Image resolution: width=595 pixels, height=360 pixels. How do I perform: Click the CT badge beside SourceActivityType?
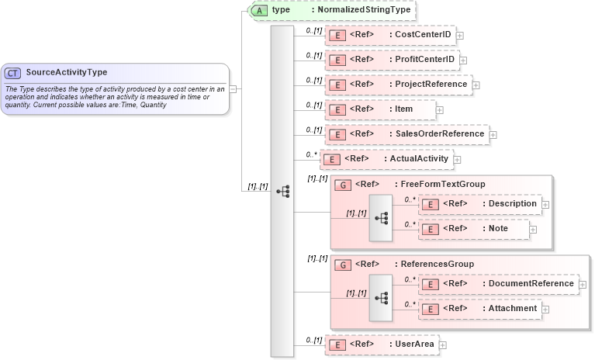pyautogui.click(x=13, y=73)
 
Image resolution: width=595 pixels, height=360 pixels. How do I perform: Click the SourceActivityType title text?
pyautogui.click(x=67, y=73)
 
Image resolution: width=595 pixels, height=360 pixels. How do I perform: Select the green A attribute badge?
pyautogui.click(x=261, y=11)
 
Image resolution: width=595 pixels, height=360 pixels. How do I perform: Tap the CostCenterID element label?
pyautogui.click(x=424, y=35)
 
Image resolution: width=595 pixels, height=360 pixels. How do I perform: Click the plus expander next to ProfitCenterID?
pyautogui.click(x=463, y=60)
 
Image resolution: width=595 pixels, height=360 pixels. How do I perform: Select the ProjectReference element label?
pyautogui.click(x=431, y=84)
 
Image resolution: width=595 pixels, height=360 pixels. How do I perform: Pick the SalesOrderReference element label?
pyautogui.click(x=439, y=134)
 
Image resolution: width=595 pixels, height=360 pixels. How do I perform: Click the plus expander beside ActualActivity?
pyautogui.click(x=457, y=160)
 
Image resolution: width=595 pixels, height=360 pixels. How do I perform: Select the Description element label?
pyautogui.click(x=510, y=204)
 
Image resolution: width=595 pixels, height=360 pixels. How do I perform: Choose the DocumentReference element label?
pyautogui.click(x=531, y=284)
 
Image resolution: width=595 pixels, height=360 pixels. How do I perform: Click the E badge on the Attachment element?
pyautogui.click(x=429, y=310)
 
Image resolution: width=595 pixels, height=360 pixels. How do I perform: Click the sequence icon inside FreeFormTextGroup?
pyautogui.click(x=381, y=218)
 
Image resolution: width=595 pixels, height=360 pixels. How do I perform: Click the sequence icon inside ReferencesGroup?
pyautogui.click(x=381, y=297)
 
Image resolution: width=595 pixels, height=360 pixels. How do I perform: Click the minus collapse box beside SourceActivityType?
pyautogui.click(x=234, y=89)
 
